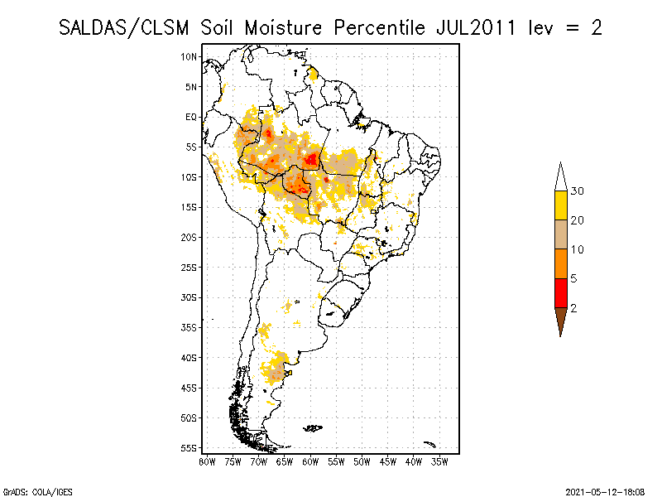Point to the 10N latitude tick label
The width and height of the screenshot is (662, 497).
click(x=189, y=56)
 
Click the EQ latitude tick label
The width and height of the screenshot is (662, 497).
click(x=191, y=117)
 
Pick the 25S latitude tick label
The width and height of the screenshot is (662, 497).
click(x=189, y=267)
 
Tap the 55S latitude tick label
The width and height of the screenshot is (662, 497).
click(x=189, y=447)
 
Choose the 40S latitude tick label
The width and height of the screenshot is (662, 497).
click(x=189, y=357)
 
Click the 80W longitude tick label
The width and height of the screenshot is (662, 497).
click(x=207, y=461)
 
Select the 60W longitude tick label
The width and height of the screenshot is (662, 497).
click(x=310, y=461)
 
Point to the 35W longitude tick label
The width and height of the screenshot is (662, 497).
click(x=439, y=461)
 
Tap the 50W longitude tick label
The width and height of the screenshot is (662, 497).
click(x=362, y=461)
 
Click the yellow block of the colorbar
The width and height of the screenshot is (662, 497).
click(x=560, y=205)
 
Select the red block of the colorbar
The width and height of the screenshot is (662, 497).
click(x=560, y=292)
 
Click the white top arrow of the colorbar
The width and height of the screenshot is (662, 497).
click(x=560, y=176)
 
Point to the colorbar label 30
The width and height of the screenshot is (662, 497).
click(x=578, y=191)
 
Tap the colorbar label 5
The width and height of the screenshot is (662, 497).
click(x=574, y=278)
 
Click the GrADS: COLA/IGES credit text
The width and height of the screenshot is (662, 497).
click(x=30, y=490)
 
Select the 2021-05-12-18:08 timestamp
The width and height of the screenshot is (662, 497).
click(x=607, y=490)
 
